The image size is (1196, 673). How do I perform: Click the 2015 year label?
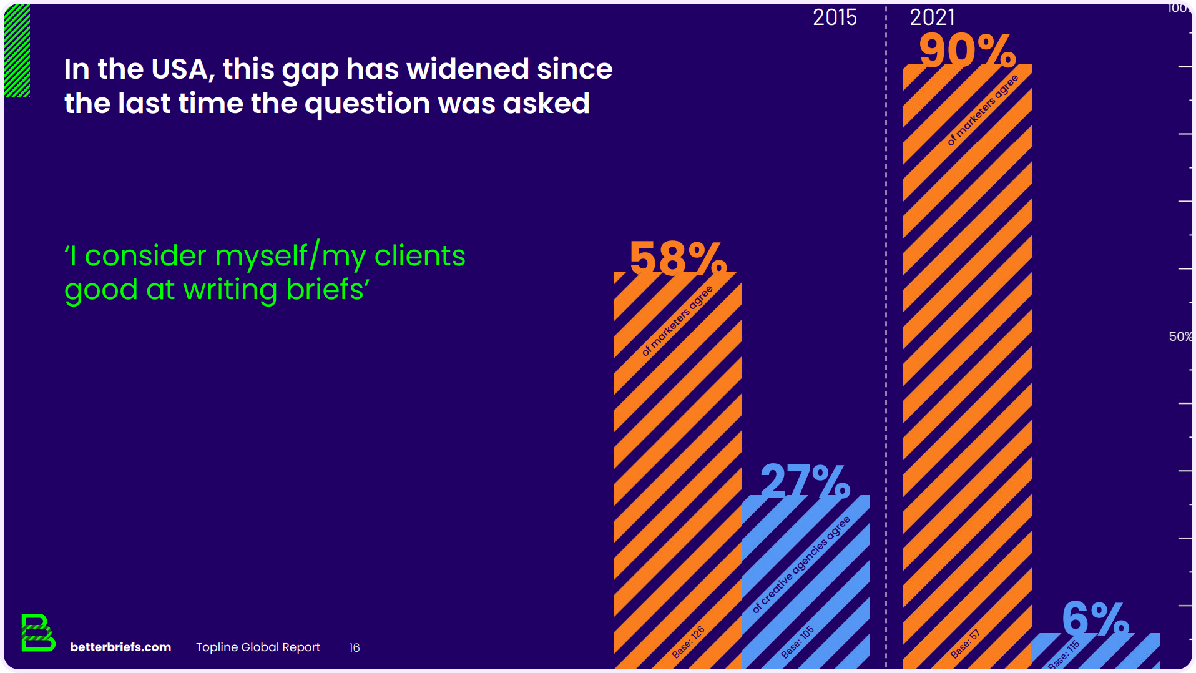coord(835,17)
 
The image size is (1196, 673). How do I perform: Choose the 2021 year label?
coord(932,17)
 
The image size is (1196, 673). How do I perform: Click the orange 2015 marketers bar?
coord(678,468)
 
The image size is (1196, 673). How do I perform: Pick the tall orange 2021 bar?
coord(967,375)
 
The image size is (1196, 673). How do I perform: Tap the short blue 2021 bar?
coord(1096,652)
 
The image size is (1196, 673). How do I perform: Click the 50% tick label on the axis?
coord(1180,336)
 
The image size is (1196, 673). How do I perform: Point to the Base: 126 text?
coord(688,642)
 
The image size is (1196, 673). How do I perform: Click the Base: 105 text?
coord(797,642)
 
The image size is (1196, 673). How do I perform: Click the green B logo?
coord(37,632)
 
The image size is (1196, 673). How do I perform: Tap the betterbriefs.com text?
coord(120,647)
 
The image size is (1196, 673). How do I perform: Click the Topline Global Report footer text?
coord(258,647)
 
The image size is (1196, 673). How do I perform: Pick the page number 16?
coord(355,648)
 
